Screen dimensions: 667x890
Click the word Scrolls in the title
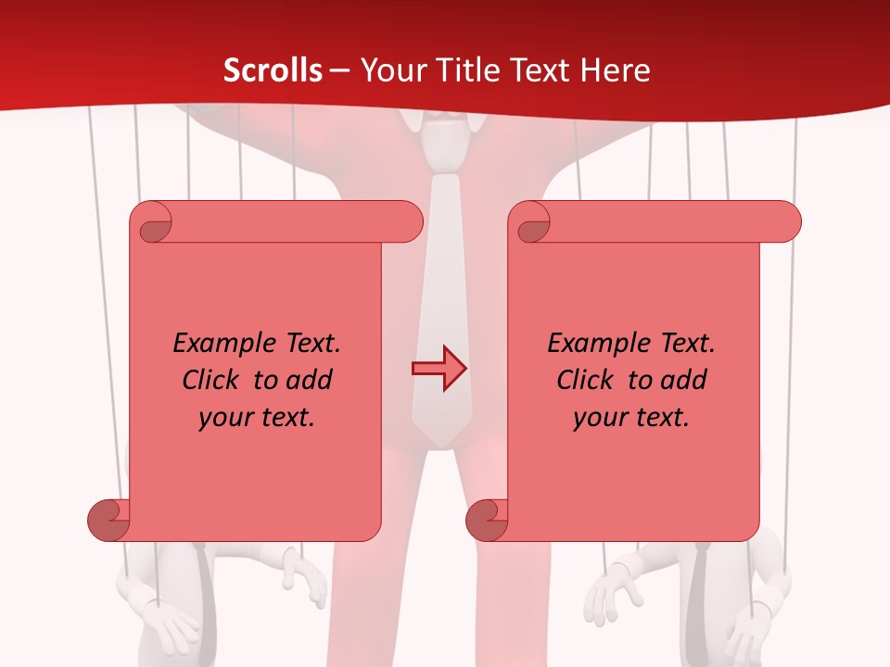click(x=273, y=70)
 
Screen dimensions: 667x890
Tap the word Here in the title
click(x=617, y=70)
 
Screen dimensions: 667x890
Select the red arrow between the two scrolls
click(x=439, y=369)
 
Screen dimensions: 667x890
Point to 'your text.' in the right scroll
click(x=631, y=417)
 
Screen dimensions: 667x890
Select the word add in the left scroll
click(x=310, y=380)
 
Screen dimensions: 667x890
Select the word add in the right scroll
click(x=684, y=380)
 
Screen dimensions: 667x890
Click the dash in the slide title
click(x=339, y=70)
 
